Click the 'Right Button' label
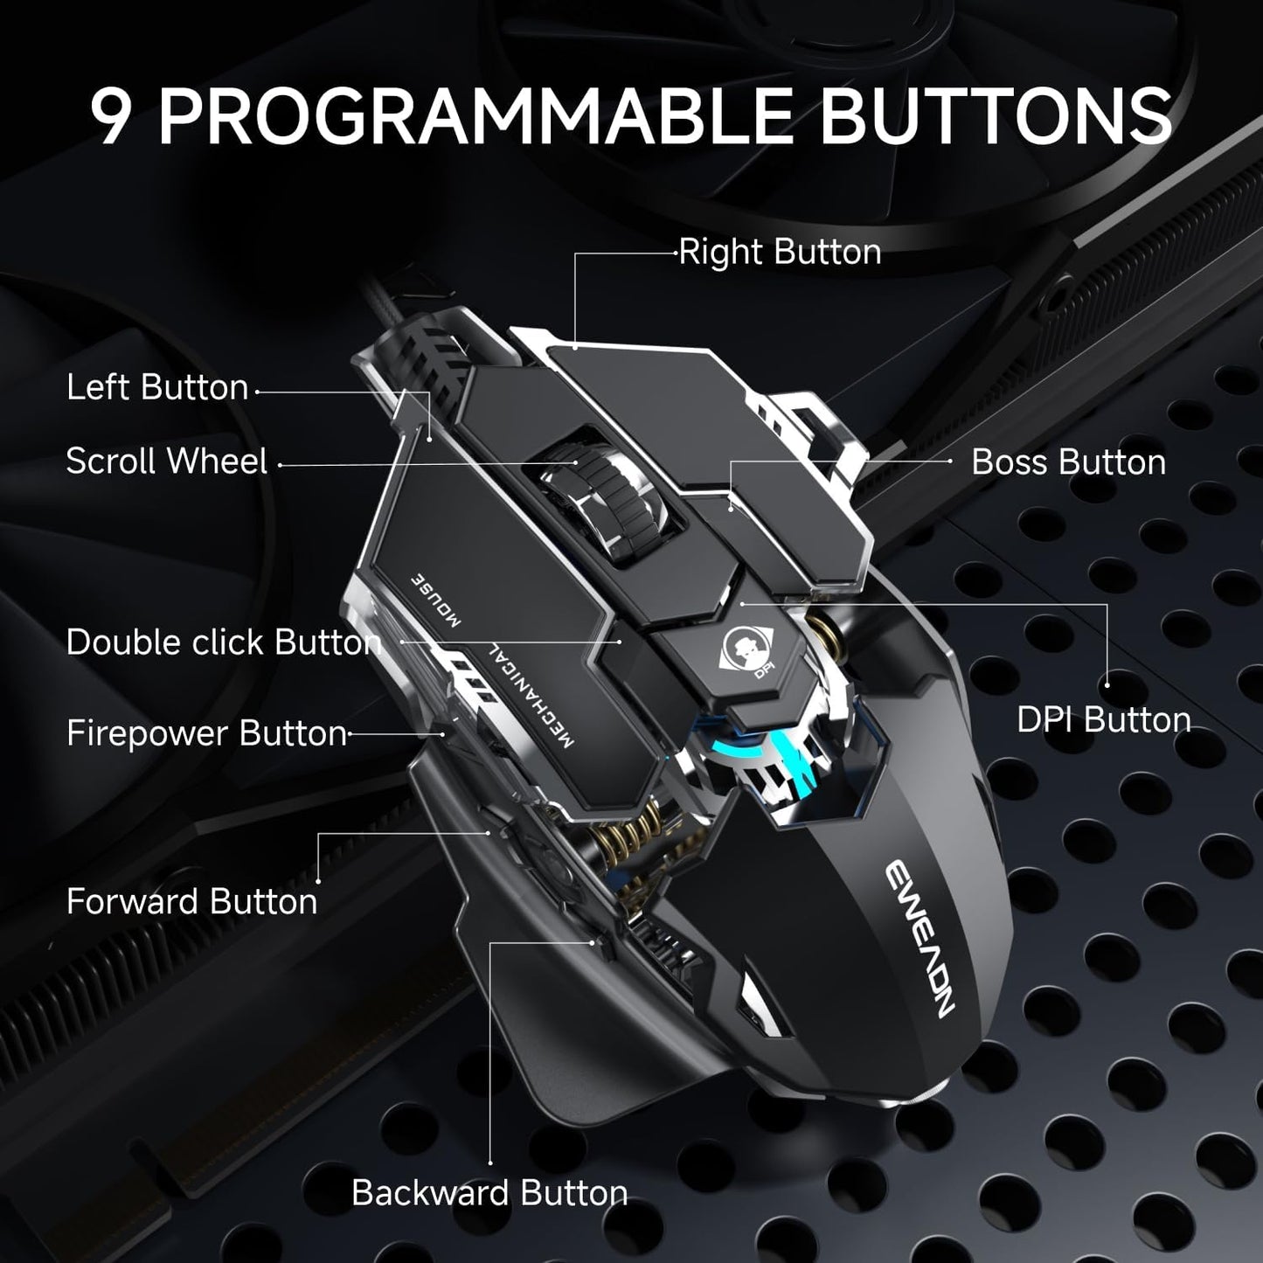[780, 253]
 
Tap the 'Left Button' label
[157, 388]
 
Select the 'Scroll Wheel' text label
[166, 461]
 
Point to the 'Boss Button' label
[1068, 462]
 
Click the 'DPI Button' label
[1104, 720]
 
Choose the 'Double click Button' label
[224, 642]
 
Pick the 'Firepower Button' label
[206, 734]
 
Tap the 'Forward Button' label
[191, 902]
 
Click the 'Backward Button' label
[489, 1194]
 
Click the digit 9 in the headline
[113, 116]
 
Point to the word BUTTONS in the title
[995, 116]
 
